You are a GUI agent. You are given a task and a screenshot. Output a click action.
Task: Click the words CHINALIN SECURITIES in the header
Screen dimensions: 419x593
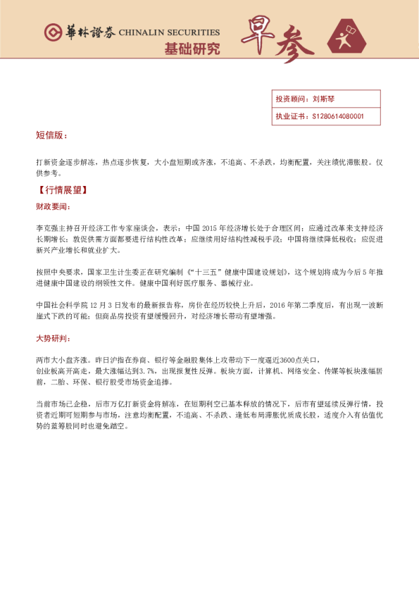pyautogui.click(x=169, y=32)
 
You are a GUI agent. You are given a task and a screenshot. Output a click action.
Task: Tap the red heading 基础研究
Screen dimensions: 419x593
pyautogui.click(x=192, y=49)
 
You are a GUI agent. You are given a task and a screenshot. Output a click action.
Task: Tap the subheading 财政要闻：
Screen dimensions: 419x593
pyautogui.click(x=53, y=207)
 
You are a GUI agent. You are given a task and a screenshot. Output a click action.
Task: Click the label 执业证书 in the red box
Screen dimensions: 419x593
pyautogui.click(x=289, y=116)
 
